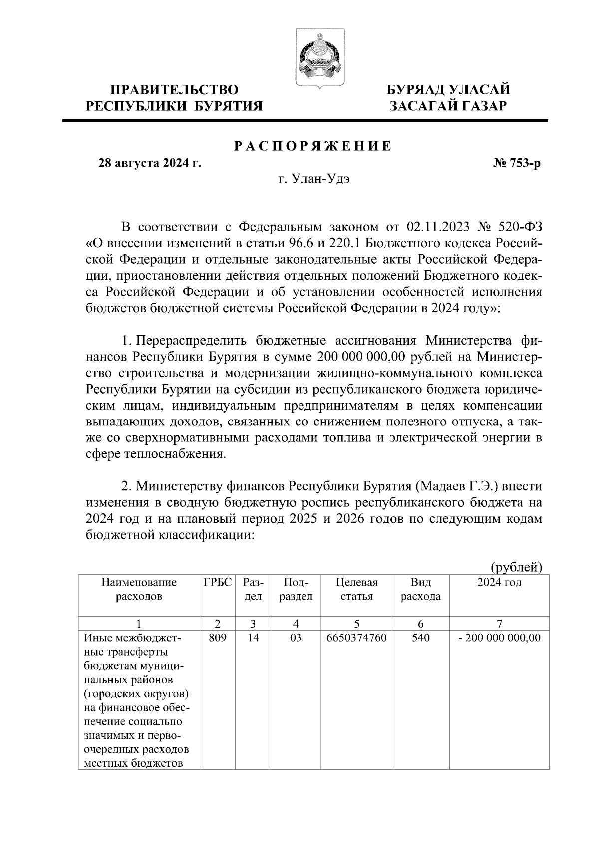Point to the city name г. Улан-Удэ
coord(314,180)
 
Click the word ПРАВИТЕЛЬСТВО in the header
coord(174,90)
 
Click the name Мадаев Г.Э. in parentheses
coord(455,485)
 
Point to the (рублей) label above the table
coord(516,567)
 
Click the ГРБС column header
coord(218,582)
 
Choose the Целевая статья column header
coord(356,589)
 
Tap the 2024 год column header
coord(499,582)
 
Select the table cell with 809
coord(218,637)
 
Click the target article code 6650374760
coord(356,637)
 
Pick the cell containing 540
coord(420,637)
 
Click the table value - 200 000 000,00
coord(499,637)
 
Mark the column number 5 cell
coord(356,623)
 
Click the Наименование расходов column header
coord(139,589)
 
